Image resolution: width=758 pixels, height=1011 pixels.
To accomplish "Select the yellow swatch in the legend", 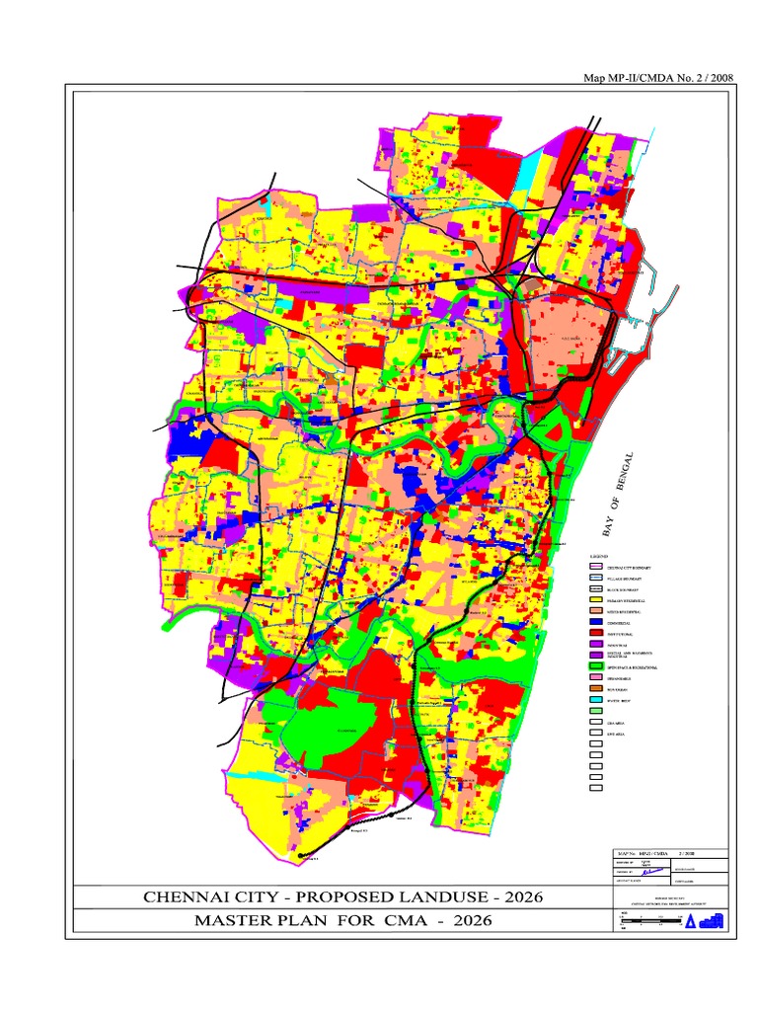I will point(595,599).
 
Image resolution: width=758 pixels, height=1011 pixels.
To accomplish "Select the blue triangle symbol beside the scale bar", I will point(692,921).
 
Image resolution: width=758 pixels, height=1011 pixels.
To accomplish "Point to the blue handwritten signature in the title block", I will point(647,872).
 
